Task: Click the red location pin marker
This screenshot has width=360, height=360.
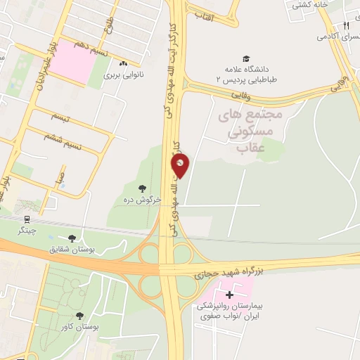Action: click(180, 166)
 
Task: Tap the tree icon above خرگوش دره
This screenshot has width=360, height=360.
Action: click(143, 188)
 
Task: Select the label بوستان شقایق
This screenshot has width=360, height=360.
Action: click(69, 250)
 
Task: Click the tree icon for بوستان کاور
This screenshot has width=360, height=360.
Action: click(79, 316)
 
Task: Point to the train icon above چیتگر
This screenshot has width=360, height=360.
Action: click(27, 220)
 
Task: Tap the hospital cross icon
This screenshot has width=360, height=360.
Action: click(229, 294)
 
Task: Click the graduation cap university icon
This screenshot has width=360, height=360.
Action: click(245, 59)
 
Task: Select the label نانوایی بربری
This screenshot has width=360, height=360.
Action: click(123, 74)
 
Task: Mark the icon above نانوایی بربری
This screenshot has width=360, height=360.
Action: click(123, 64)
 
